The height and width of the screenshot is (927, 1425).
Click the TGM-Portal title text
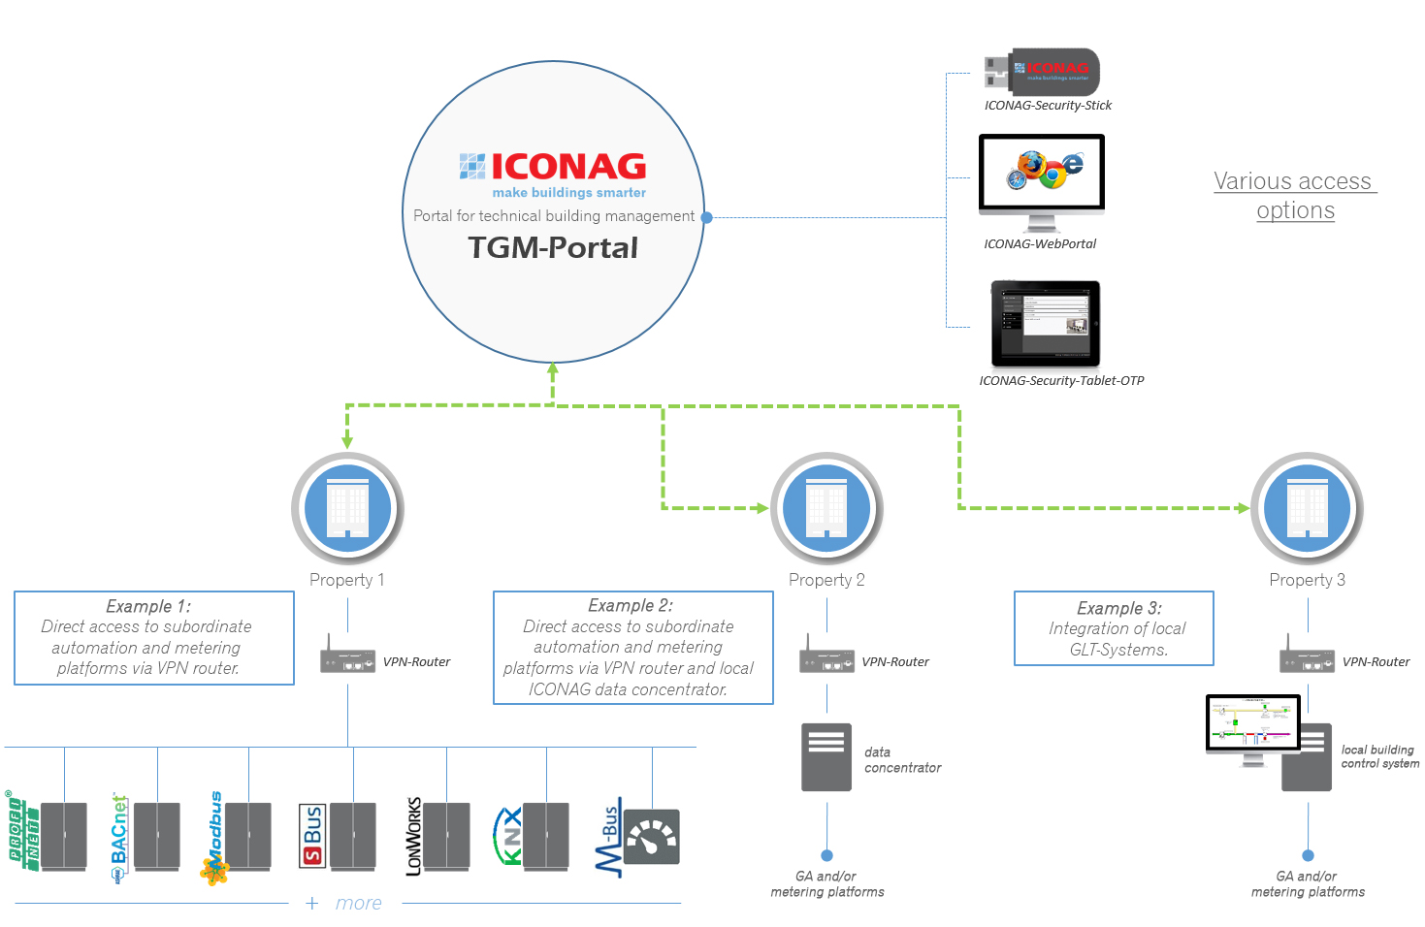pyautogui.click(x=553, y=248)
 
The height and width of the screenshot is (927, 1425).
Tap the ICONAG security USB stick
pyautogui.click(x=1043, y=72)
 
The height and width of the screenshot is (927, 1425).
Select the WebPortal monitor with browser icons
pyautogui.click(x=1042, y=175)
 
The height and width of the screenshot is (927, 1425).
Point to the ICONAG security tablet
pyautogui.click(x=1046, y=324)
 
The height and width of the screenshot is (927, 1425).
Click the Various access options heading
pyautogui.click(x=1295, y=196)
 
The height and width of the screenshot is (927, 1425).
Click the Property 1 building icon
pyautogui.click(x=347, y=507)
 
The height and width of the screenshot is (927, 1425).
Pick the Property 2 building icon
pyautogui.click(x=826, y=507)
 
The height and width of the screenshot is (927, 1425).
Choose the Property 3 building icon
pyautogui.click(x=1307, y=507)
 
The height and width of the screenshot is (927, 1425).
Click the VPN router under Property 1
pyautogui.click(x=347, y=660)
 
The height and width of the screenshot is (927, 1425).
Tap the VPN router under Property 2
pyautogui.click(x=826, y=660)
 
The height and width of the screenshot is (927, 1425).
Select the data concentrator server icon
pyautogui.click(x=826, y=756)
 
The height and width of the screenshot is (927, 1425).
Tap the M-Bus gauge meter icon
pyautogui.click(x=651, y=837)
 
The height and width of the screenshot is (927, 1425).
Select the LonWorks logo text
pyautogui.click(x=414, y=836)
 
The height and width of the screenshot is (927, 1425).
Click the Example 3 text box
pyautogui.click(x=1114, y=628)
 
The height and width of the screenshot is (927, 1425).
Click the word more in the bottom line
pyautogui.click(x=358, y=904)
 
